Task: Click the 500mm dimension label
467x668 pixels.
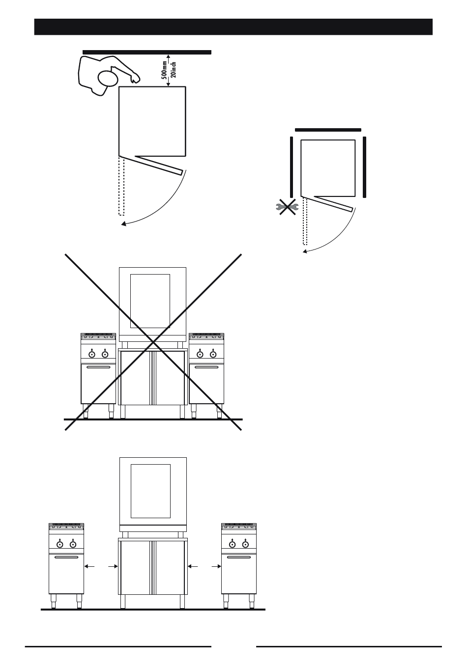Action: pyautogui.click(x=164, y=70)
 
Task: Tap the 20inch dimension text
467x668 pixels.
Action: pyautogui.click(x=174, y=70)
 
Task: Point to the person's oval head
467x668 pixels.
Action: pyautogui.click(x=108, y=78)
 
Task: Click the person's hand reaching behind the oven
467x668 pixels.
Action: pyautogui.click(x=135, y=78)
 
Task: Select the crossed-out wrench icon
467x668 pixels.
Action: pyautogui.click(x=287, y=207)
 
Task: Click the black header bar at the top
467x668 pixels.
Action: pyautogui.click(x=233, y=27)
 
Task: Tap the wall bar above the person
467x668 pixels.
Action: pyautogui.click(x=147, y=52)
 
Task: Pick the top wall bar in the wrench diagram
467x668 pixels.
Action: pyautogui.click(x=328, y=130)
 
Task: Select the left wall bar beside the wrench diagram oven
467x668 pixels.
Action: pyautogui.click(x=292, y=167)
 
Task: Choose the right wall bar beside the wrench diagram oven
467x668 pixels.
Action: pyautogui.click(x=364, y=167)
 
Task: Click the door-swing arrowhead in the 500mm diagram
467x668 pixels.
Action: pyautogui.click(x=123, y=223)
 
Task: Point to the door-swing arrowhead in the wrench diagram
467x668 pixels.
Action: pyautogui.click(x=305, y=251)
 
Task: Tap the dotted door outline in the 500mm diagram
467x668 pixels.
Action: pyautogui.click(x=121, y=186)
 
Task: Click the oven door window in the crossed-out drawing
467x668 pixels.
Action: pyautogui.click(x=150, y=301)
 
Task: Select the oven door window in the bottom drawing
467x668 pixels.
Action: pyautogui.click(x=151, y=491)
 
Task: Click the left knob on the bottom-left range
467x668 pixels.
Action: pyautogui.click(x=60, y=544)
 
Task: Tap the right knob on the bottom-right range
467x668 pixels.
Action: pyautogui.click(x=245, y=544)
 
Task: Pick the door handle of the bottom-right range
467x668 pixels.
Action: pyautogui.click(x=239, y=557)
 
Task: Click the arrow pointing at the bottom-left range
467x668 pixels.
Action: pyautogui.click(x=89, y=566)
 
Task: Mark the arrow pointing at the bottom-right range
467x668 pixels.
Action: pyautogui.click(x=216, y=566)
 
